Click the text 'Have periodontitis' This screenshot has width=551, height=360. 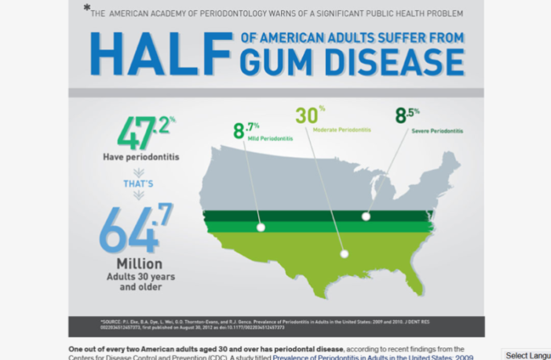(140, 157)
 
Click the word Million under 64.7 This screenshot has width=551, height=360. (139, 264)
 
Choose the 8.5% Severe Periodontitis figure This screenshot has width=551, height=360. (407, 115)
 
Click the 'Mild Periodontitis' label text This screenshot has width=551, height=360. (270, 138)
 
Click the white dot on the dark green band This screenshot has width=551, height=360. (366, 216)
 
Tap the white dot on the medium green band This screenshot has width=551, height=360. (261, 227)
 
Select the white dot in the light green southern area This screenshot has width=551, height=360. (343, 253)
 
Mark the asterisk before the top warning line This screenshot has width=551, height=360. (86, 8)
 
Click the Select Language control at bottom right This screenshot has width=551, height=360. (527, 355)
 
